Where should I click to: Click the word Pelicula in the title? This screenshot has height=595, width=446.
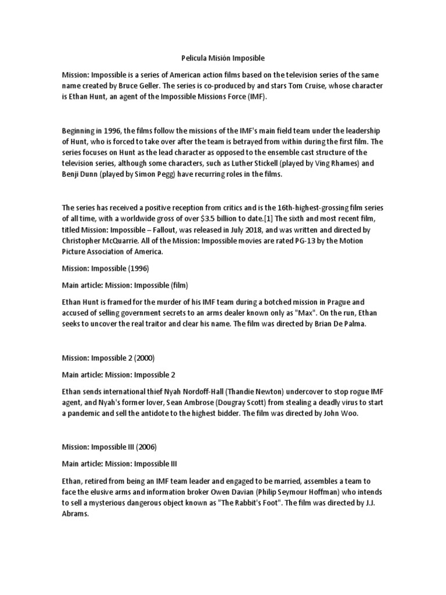[x=190, y=58]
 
